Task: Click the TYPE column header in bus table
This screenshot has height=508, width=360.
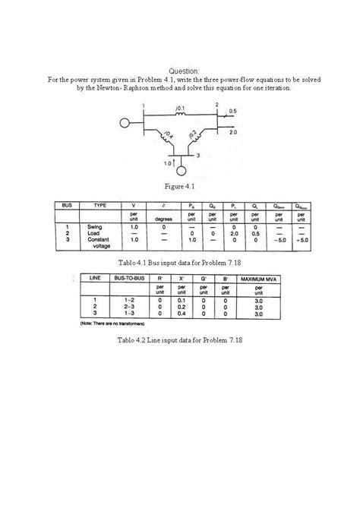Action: point(100,205)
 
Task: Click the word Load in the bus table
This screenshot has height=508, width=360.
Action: point(95,233)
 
